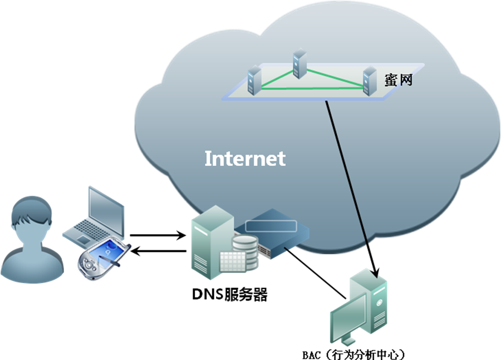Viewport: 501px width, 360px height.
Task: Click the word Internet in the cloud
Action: (245, 159)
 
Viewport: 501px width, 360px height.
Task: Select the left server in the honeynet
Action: (254, 79)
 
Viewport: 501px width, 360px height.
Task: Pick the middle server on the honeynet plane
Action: (300, 64)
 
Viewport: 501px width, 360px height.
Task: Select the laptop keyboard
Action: (83, 229)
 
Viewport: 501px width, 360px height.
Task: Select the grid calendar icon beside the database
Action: (233, 262)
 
